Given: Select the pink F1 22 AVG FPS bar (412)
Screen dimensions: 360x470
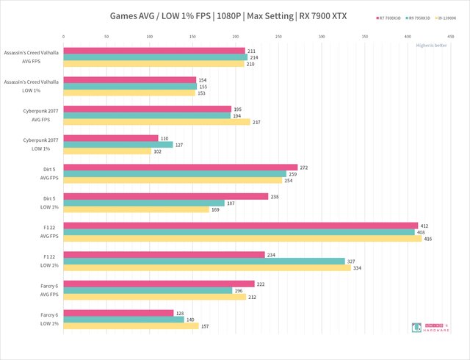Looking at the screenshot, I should (241, 226).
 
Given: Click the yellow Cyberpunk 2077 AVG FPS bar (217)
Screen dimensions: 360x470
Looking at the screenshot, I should (157, 122).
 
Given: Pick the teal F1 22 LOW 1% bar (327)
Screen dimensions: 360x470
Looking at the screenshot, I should (204, 262).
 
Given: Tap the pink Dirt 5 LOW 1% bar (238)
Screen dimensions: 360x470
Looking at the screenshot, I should (166, 196).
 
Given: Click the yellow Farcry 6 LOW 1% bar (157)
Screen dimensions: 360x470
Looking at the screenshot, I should (131, 326).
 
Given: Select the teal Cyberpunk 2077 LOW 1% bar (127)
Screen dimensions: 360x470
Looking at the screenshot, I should (118, 145).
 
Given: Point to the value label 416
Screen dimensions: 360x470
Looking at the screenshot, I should (428, 239).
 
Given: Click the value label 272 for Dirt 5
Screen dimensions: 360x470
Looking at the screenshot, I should (304, 168).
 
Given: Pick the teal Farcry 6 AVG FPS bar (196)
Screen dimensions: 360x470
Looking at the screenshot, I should (148, 290).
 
